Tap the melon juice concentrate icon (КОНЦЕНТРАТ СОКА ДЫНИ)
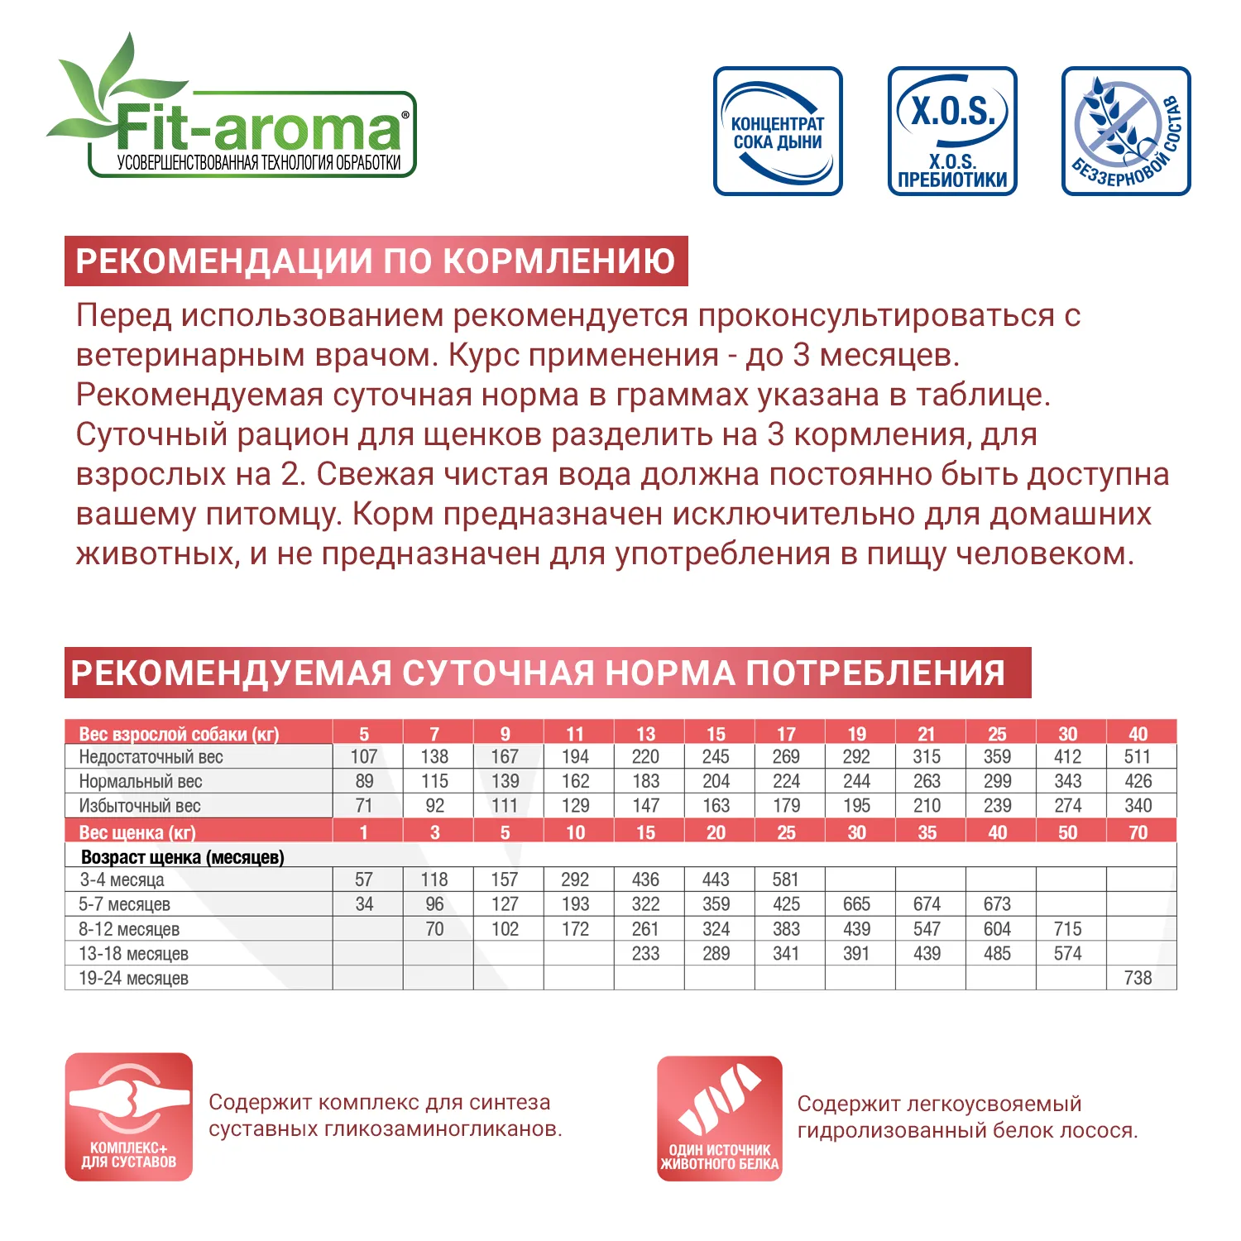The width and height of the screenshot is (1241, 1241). [x=778, y=132]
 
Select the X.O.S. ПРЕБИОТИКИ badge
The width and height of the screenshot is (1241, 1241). [x=952, y=132]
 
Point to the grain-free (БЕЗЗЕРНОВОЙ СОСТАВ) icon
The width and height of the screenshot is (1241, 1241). [x=1126, y=132]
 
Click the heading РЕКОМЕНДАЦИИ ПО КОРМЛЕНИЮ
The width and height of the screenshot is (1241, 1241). [x=376, y=261]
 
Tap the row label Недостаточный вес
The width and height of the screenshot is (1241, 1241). [x=151, y=757]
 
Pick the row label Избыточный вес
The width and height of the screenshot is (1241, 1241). [x=140, y=806]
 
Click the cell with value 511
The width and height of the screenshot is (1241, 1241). [x=1138, y=757]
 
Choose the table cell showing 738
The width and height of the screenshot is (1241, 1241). [x=1138, y=978]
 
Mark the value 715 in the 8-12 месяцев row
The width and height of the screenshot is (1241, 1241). [x=1067, y=929]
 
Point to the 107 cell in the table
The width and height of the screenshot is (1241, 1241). [x=364, y=757]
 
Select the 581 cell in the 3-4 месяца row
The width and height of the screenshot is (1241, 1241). [x=786, y=879]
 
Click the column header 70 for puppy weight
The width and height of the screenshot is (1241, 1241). [x=1138, y=832]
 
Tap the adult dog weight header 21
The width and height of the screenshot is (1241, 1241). [x=927, y=734]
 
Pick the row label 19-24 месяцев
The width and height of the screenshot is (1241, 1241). [x=133, y=978]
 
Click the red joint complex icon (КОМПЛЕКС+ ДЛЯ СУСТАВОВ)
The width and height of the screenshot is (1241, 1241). [x=129, y=1117]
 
